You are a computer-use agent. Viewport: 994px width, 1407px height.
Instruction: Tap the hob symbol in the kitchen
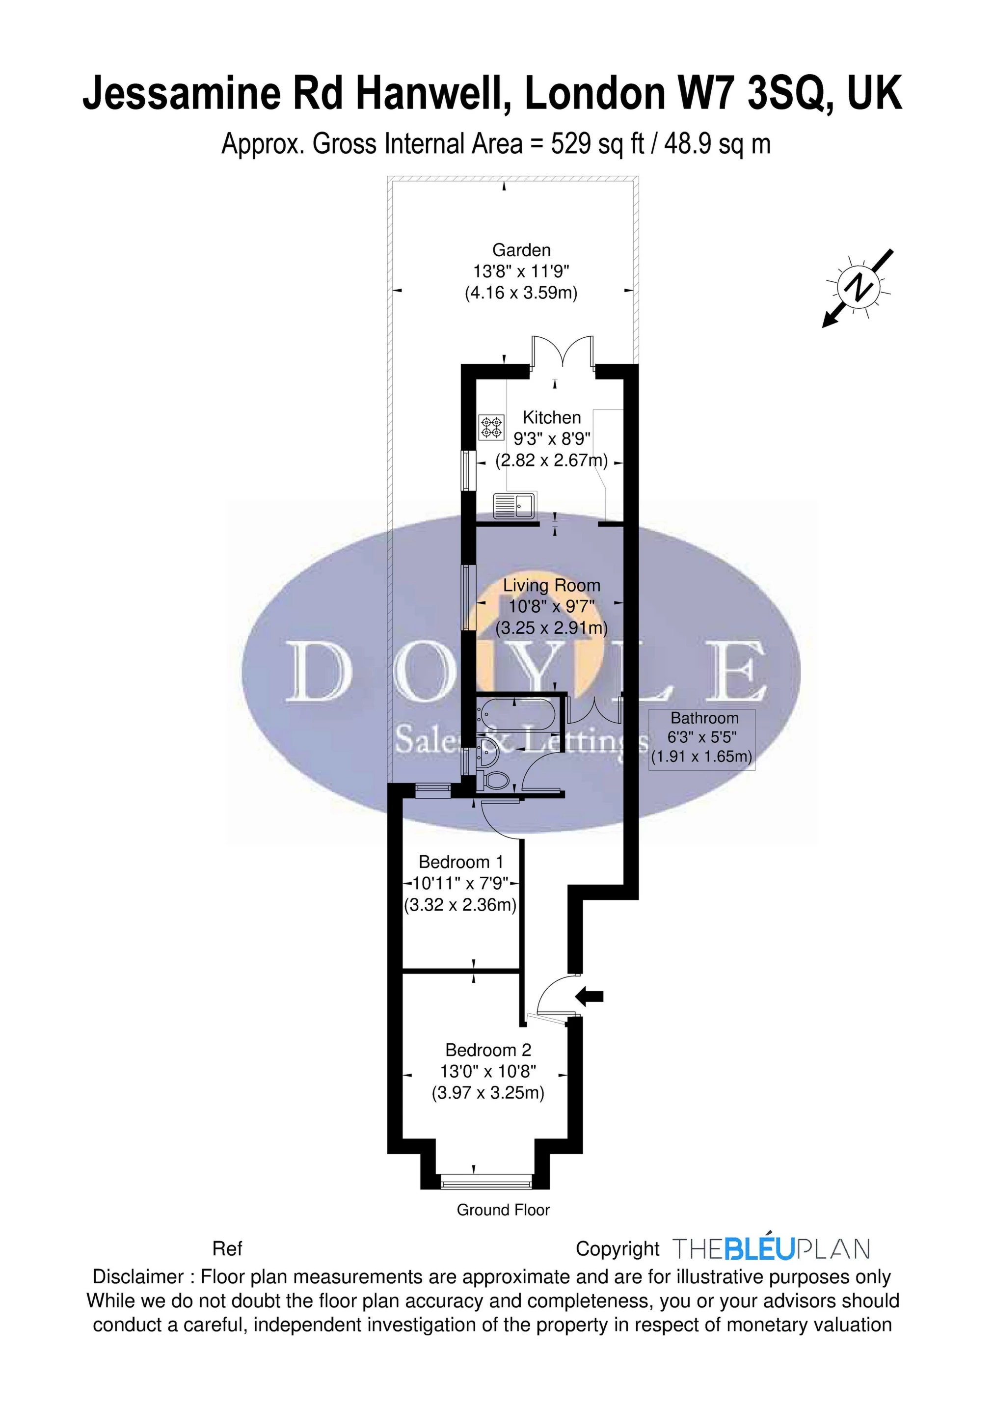(491, 427)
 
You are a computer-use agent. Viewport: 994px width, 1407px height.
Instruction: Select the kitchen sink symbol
(515, 505)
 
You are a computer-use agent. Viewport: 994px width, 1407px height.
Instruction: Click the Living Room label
(552, 585)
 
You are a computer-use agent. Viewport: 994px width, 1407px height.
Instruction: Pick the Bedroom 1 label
(461, 862)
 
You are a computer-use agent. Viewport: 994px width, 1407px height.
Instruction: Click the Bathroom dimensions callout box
(701, 738)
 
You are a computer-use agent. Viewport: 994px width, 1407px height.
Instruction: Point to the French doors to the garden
(563, 354)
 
